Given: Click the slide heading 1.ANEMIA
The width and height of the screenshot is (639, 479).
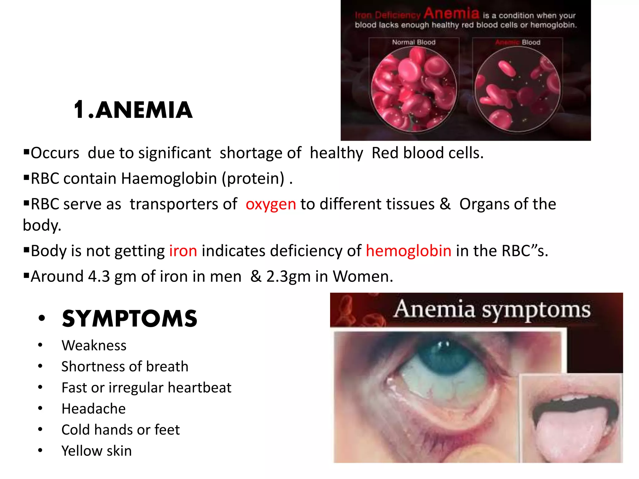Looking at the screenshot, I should click(133, 110).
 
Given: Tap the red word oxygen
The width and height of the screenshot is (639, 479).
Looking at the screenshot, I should click(271, 204).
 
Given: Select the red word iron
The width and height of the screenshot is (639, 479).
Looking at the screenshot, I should click(183, 251).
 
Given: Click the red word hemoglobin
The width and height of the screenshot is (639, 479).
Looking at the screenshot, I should click(408, 251).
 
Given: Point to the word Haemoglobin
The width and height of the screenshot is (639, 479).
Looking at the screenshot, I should click(169, 179).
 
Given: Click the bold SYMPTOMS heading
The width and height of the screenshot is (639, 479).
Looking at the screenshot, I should click(129, 319).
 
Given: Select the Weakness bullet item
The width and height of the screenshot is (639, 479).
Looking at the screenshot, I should click(94, 346).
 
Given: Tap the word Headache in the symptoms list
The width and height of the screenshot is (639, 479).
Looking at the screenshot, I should click(94, 409).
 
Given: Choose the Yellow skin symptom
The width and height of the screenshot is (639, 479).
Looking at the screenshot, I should click(96, 451).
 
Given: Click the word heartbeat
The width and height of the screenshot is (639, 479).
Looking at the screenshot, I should click(200, 388).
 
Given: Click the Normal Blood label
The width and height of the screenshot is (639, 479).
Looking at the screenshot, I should click(414, 42).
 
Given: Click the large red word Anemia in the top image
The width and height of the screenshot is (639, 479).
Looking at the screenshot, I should click(451, 13).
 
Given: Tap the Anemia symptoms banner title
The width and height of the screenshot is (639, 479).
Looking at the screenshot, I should click(492, 309).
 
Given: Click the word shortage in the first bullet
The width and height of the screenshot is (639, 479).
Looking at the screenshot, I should click(261, 153).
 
